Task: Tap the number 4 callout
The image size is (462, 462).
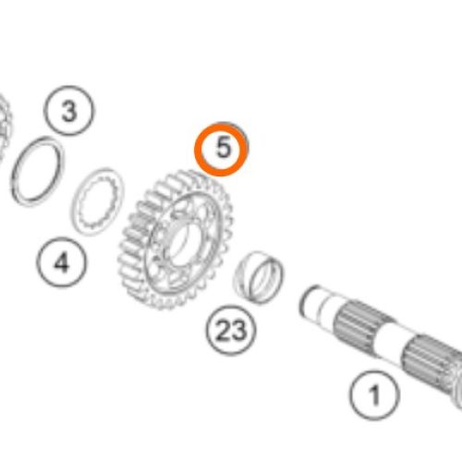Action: point(62,262)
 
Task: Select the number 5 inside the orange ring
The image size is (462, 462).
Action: point(224,147)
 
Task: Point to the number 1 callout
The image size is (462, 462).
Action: point(375,395)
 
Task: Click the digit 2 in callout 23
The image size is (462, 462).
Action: point(224,331)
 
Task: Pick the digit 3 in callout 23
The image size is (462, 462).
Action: point(239,331)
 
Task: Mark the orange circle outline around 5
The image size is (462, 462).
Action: point(195,150)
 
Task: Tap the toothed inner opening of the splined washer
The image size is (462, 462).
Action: point(99,201)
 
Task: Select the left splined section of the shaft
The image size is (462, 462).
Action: point(363,326)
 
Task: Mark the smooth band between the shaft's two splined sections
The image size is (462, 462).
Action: point(389,342)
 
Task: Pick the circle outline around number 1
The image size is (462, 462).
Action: point(375,371)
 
